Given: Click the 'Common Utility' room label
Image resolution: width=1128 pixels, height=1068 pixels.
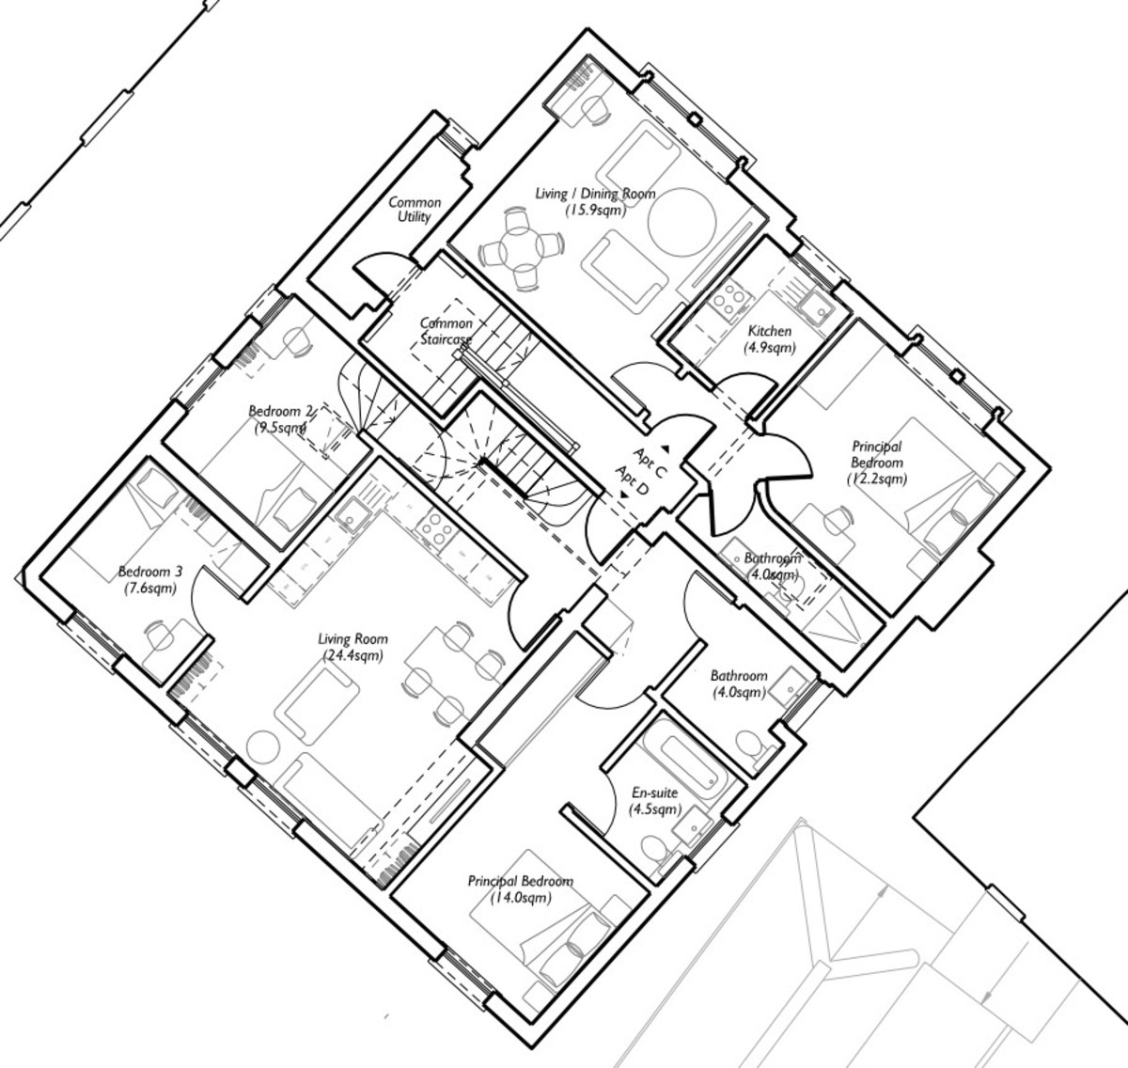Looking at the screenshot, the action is click(x=415, y=210).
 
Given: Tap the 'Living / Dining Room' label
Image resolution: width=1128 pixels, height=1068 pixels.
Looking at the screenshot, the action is click(x=595, y=194).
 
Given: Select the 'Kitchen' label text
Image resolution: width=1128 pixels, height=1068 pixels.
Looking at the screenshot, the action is click(x=770, y=331).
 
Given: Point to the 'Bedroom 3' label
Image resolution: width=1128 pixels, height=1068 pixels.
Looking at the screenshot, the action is click(x=150, y=572).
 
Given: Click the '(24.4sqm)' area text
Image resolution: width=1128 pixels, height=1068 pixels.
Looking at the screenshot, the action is click(x=352, y=654).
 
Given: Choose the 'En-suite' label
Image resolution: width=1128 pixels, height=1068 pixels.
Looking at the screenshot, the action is click(x=654, y=793).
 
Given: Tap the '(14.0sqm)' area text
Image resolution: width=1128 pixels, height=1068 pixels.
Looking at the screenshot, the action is click(x=521, y=898).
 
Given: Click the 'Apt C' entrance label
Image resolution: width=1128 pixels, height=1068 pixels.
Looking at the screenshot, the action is click(x=650, y=463).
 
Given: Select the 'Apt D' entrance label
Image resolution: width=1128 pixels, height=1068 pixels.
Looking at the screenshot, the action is click(x=632, y=481).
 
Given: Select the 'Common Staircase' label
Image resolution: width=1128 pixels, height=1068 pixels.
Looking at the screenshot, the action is click(x=446, y=331).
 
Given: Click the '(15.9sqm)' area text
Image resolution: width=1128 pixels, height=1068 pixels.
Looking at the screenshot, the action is click(x=595, y=210).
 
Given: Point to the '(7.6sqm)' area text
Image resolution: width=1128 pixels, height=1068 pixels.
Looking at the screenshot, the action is click(x=150, y=588).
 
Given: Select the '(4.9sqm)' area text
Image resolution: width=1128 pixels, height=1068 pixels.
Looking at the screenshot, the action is click(x=770, y=347).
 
